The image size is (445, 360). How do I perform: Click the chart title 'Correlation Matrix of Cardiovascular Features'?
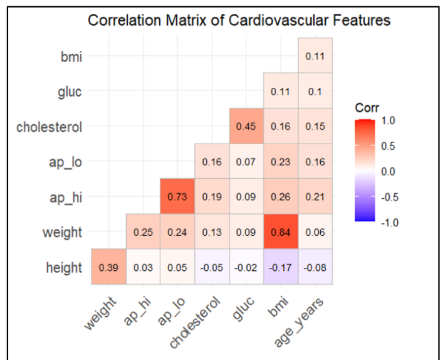239,20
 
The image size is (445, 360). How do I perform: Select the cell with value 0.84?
280,232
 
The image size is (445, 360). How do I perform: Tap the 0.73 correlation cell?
177,197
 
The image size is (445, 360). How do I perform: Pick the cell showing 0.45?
246,126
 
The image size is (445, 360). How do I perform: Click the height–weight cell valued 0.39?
108,268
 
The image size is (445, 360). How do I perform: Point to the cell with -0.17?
280,268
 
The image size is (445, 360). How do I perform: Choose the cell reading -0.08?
315,268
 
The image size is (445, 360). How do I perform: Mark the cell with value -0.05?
211,268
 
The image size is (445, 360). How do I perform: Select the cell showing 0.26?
280,197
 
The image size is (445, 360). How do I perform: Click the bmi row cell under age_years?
315,56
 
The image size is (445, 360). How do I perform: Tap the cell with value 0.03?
142,268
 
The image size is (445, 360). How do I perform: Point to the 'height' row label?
64,268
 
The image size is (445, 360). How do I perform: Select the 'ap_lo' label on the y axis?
66,162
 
